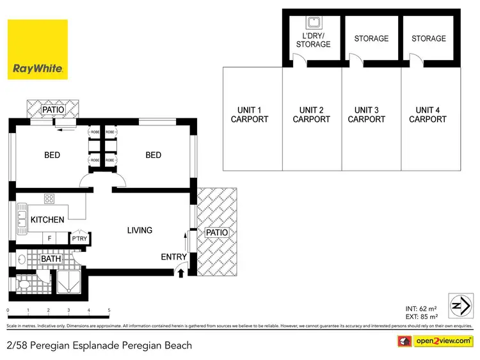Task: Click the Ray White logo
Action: click(37, 49)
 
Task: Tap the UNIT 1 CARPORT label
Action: click(250, 114)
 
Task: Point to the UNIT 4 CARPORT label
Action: click(428, 114)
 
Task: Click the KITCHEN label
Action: click(47, 220)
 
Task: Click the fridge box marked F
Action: click(49, 239)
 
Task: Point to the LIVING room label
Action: click(140, 230)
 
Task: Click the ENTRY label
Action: click(174, 257)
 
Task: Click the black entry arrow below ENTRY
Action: click(180, 273)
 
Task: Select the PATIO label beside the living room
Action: click(217, 233)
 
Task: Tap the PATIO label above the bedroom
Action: click(53, 110)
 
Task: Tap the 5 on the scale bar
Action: click(109, 310)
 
